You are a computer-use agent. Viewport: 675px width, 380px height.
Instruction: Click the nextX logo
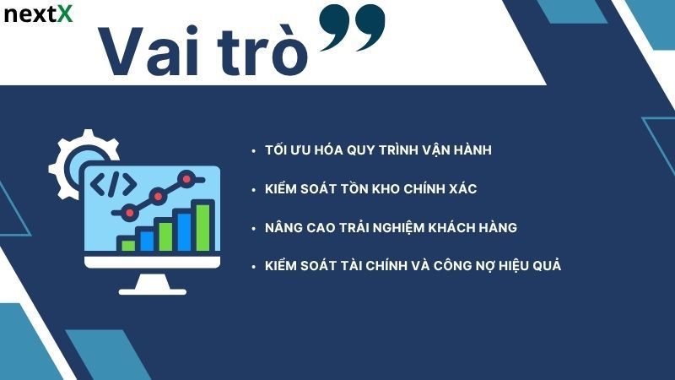point(38,14)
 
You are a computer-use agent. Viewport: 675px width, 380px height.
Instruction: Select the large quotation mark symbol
point(353,28)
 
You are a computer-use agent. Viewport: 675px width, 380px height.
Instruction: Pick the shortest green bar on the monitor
point(128,245)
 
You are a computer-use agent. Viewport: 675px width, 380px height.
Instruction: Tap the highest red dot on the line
point(188,178)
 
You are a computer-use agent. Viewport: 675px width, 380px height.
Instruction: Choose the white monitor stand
point(152,282)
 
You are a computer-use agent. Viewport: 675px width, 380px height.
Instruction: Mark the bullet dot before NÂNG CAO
point(253,229)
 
